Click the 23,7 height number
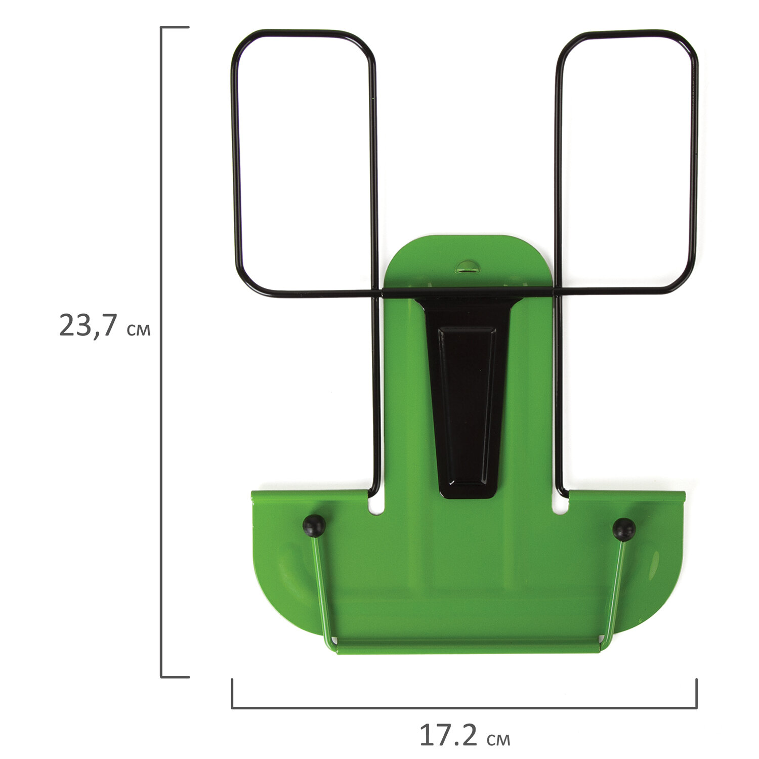click(89, 325)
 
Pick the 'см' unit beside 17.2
click(498, 740)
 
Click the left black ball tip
click(314, 526)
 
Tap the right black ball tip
click(624, 529)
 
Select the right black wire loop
click(694, 162)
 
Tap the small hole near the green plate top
click(467, 267)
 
